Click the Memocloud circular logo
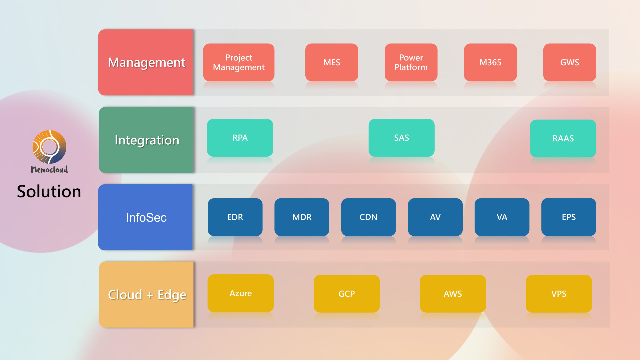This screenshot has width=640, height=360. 49,147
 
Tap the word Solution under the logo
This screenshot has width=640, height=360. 49,191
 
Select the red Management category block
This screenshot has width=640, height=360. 146,62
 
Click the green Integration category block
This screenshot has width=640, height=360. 146,140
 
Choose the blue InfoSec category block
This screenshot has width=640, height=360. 145,217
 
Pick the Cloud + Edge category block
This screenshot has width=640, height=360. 146,295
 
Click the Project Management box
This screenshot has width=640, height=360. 239,62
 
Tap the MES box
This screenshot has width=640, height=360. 332,62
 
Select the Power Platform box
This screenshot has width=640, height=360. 411,62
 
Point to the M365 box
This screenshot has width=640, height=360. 490,62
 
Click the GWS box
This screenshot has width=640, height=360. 570,62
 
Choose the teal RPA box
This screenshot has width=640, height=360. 240,138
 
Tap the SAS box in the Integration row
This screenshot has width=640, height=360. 402,138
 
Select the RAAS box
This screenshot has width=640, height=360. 563,138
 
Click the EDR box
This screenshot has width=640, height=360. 235,217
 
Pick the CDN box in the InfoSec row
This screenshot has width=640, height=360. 369,217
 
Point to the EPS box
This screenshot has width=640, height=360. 569,217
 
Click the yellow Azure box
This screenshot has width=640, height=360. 241,293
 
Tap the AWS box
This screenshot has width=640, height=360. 453,294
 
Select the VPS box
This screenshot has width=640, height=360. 559,294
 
